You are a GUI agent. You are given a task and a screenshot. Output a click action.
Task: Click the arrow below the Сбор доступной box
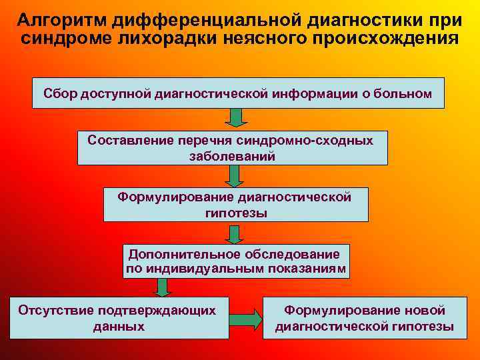[235, 118]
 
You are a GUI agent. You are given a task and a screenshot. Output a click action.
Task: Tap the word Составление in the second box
[131, 140]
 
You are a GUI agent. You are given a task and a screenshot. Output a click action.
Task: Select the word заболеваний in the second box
[233, 156]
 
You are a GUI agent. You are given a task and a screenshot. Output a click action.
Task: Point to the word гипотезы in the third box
[235, 213]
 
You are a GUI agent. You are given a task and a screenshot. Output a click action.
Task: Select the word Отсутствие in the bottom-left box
[57, 311]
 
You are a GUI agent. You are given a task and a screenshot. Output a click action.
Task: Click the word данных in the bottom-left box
[119, 327]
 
